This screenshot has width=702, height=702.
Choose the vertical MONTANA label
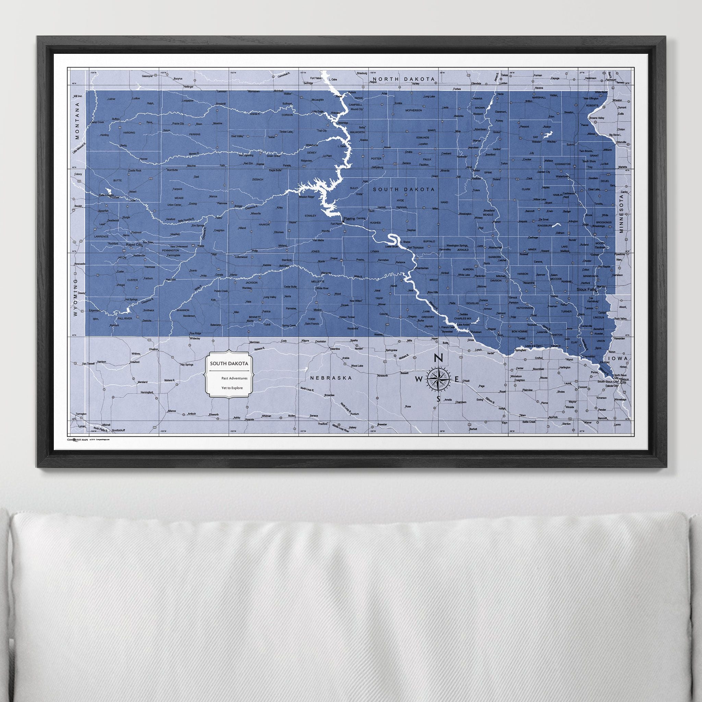[x=77, y=126]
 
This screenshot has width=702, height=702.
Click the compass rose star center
[x=438, y=379]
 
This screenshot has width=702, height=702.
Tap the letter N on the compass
[x=438, y=358]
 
